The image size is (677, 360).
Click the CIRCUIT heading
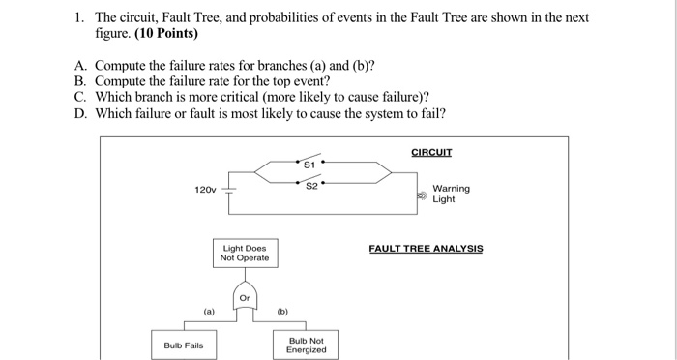point(431,152)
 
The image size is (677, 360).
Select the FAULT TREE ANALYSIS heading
point(426,249)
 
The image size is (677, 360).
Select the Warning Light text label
point(451,194)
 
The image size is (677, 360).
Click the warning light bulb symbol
point(421,195)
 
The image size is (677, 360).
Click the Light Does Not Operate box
point(245,254)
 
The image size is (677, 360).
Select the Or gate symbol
point(245,297)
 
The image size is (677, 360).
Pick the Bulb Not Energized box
point(306,345)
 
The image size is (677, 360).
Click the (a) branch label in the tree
point(208,312)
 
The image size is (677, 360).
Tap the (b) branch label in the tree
point(282,312)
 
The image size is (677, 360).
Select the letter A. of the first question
point(80,66)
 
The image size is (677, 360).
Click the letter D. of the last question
point(80,113)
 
